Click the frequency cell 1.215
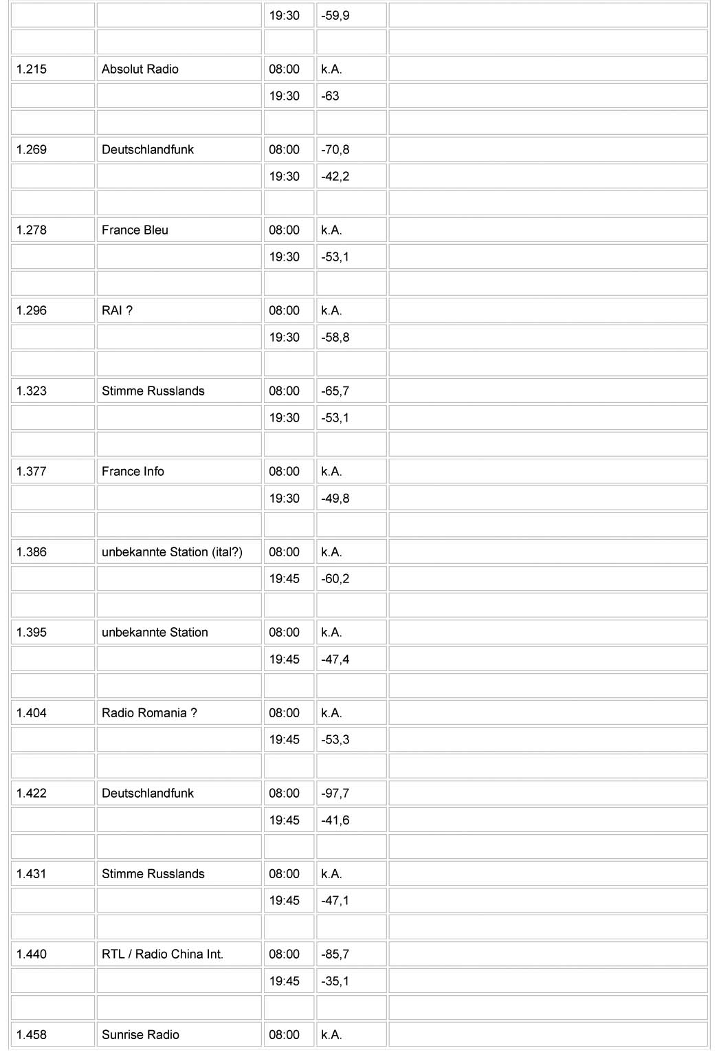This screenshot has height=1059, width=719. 32,69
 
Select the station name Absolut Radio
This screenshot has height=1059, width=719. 140,69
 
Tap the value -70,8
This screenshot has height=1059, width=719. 335,150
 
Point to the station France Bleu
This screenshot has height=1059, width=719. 135,230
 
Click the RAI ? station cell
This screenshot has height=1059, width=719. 117,311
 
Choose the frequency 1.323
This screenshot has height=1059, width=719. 32,391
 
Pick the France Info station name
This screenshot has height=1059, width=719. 133,472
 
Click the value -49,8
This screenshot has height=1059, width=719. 335,499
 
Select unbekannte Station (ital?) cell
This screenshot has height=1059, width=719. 172,552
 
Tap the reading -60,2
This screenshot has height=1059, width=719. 335,579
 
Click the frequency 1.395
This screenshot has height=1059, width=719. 32,633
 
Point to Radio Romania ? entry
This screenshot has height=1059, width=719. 149,713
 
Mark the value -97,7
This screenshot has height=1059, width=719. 335,794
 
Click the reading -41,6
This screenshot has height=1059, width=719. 335,820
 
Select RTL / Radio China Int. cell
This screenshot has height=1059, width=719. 162,954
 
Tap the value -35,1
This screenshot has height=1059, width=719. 335,981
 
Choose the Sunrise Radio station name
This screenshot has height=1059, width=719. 140,1035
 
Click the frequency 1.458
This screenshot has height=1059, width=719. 32,1035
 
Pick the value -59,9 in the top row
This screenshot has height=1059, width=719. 335,16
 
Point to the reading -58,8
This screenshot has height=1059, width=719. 335,338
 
